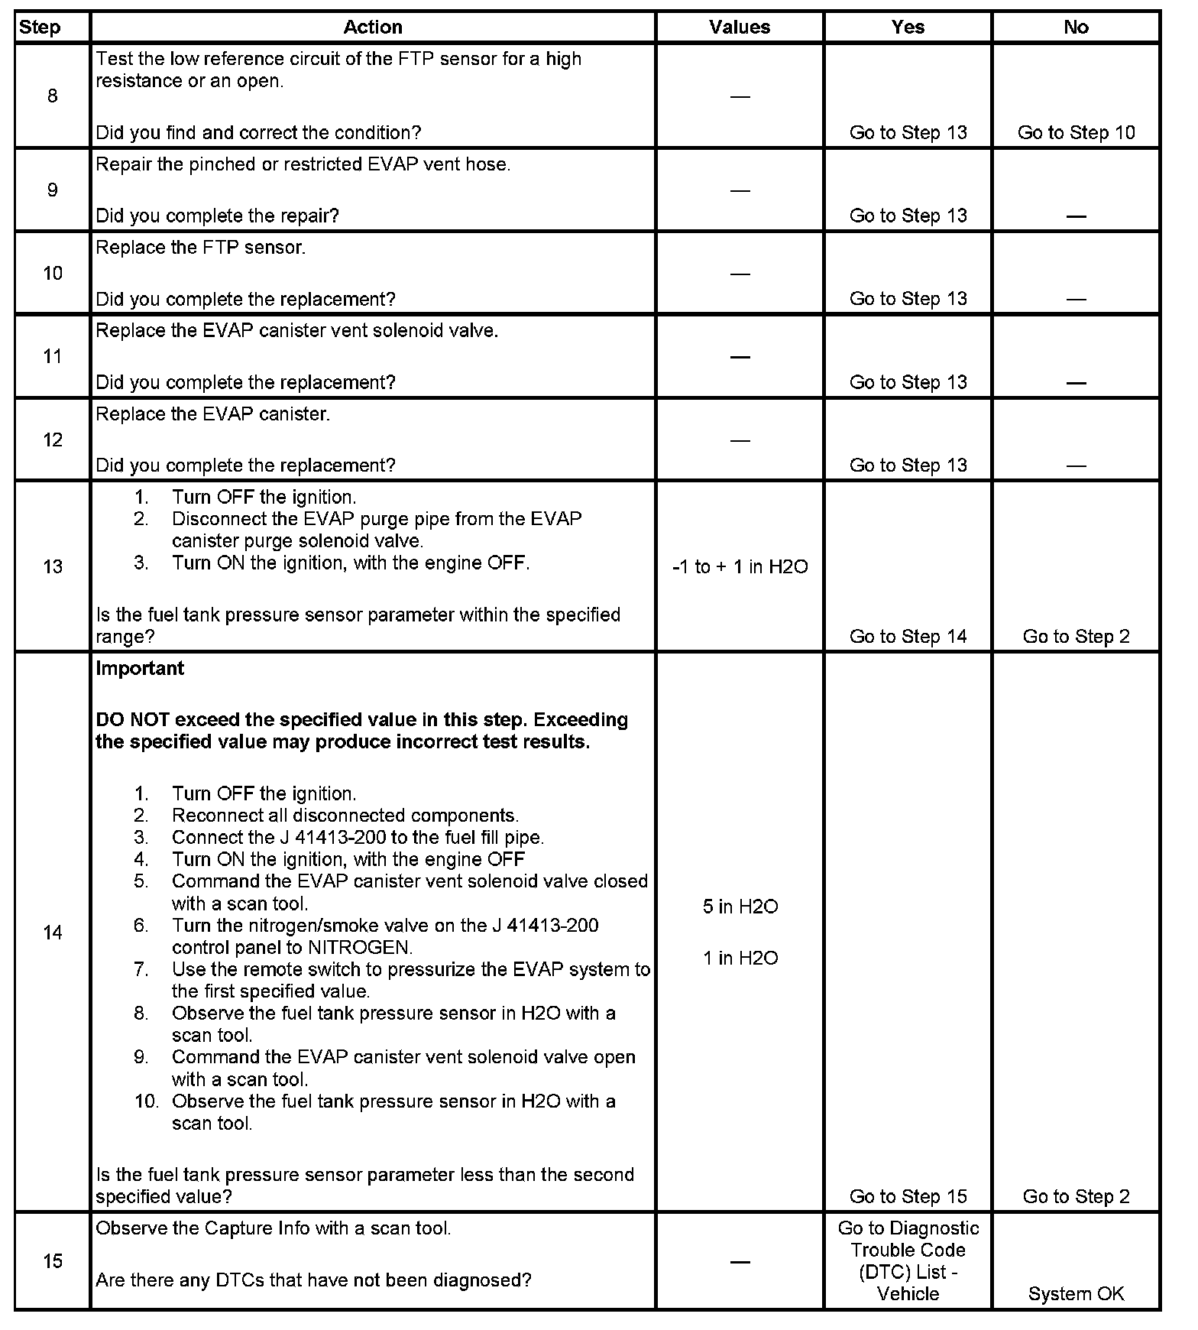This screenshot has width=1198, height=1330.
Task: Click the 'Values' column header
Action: point(739,28)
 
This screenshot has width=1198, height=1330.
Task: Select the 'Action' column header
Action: point(372,28)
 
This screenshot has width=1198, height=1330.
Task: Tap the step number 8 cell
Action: point(52,96)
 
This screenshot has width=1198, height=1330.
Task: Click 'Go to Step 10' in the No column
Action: point(1076,132)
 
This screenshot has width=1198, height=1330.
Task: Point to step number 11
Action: point(52,356)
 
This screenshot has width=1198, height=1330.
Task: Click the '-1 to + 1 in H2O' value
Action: point(740,566)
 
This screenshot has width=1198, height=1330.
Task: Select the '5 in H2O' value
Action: point(740,907)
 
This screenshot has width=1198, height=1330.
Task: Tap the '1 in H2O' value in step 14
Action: point(740,958)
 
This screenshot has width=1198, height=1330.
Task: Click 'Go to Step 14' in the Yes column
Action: point(908,636)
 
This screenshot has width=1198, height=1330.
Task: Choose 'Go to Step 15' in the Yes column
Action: point(908,1196)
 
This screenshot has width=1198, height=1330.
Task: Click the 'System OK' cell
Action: point(1076,1293)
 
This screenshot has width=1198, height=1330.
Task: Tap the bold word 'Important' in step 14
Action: point(140,668)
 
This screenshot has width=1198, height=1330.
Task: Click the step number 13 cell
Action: point(52,566)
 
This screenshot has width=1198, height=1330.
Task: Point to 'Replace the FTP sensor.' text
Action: point(200,248)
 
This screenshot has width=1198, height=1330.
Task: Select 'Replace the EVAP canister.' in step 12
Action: point(212,414)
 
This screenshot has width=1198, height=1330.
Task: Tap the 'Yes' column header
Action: point(908,28)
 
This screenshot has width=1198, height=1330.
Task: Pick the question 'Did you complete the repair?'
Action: point(217,216)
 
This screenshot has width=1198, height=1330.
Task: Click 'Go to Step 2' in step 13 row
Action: point(1076,636)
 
